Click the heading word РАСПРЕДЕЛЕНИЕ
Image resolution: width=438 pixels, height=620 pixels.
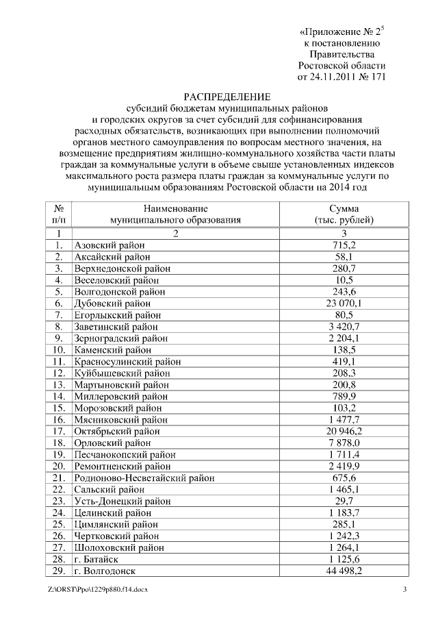pyautogui.click(x=227, y=96)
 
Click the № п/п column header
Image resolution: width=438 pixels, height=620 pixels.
pyautogui.click(x=59, y=214)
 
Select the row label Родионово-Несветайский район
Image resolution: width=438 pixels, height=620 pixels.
pyautogui.click(x=143, y=478)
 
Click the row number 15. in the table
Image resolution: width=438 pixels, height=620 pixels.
pyautogui.click(x=60, y=408)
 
